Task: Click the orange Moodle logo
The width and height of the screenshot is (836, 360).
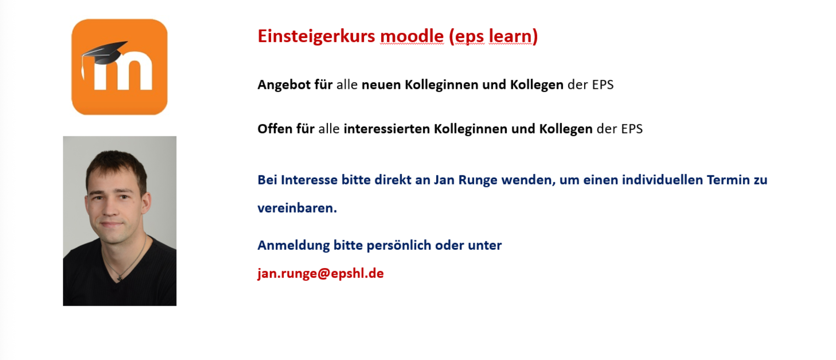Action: pyautogui.click(x=120, y=67)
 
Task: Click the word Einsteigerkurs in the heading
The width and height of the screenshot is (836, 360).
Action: pyautogui.click(x=316, y=36)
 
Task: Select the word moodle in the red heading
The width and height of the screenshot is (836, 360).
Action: pyautogui.click(x=412, y=36)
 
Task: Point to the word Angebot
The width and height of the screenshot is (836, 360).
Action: pyautogui.click(x=284, y=85)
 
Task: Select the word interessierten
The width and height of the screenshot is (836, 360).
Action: pyautogui.click(x=386, y=129)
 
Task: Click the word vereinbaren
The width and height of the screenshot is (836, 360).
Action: pyautogui.click(x=297, y=208)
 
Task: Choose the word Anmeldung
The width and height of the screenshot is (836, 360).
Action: pyautogui.click(x=293, y=246)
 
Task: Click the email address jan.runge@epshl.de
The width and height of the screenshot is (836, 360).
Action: pyautogui.click(x=320, y=273)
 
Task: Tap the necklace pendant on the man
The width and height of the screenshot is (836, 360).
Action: pyautogui.click(x=119, y=278)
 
